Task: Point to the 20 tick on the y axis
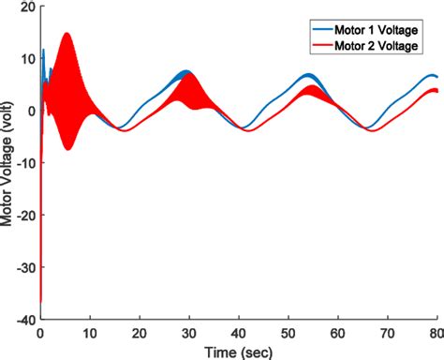point(25,7)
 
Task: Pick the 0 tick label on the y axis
point(29,111)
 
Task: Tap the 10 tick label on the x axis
point(90,332)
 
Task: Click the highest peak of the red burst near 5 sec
point(67,34)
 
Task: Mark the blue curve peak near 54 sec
point(308,75)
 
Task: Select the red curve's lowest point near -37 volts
point(41,302)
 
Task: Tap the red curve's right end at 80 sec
point(437,91)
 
